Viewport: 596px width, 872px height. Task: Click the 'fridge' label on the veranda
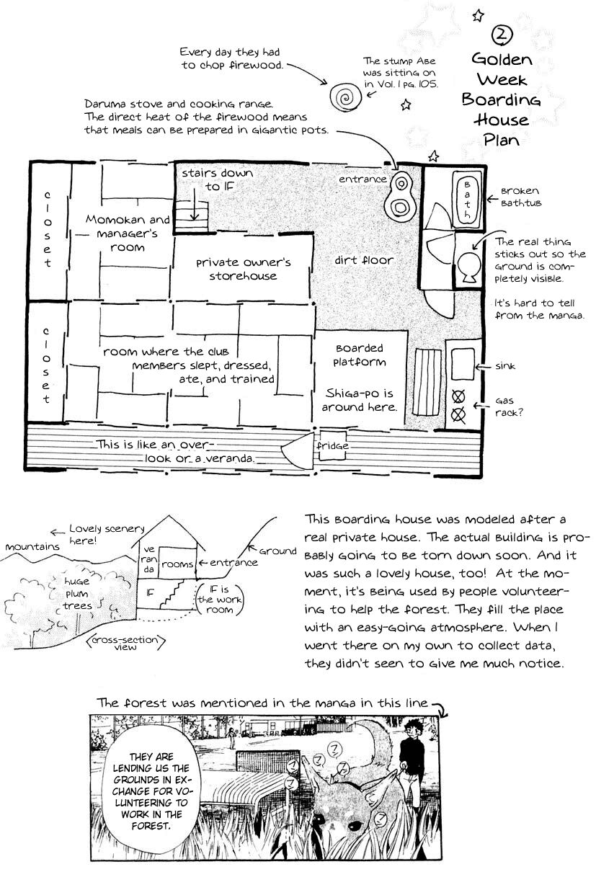(332, 445)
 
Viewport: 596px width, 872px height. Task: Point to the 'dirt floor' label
(363, 259)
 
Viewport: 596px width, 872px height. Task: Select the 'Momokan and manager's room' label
(128, 233)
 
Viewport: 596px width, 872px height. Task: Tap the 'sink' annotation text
(505, 366)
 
